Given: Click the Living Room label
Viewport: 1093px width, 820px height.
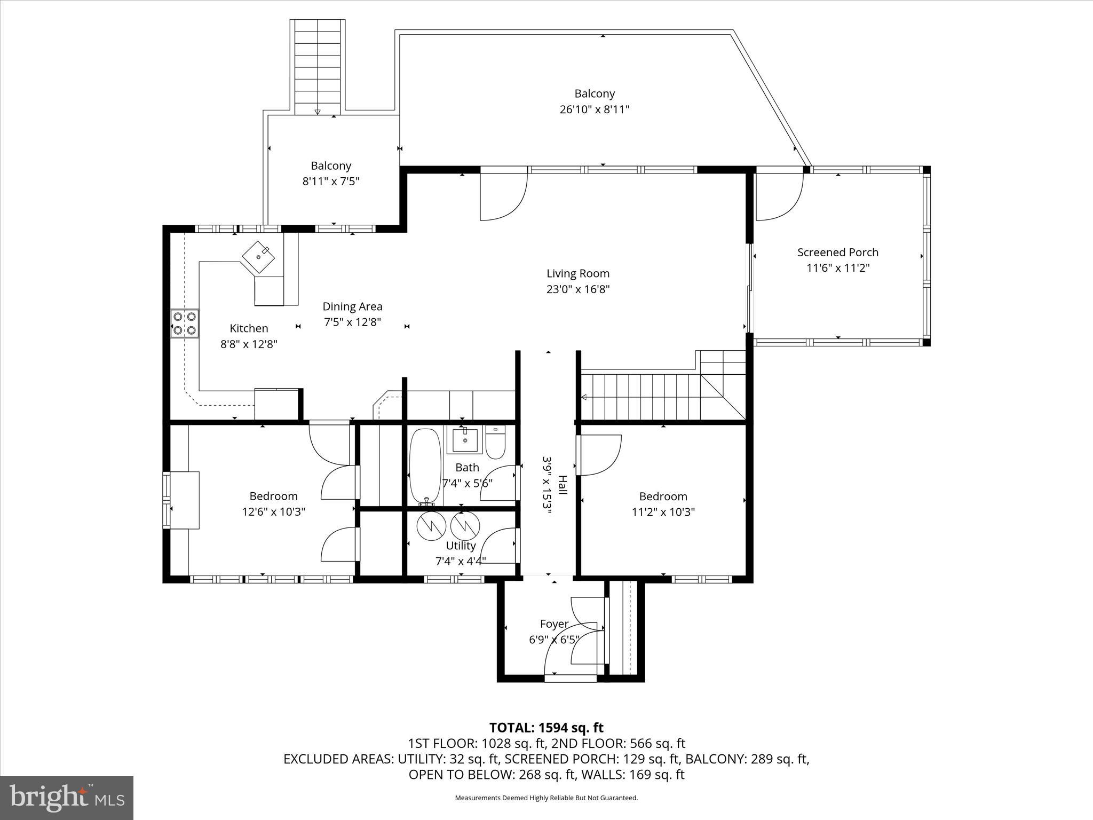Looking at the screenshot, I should coord(577,273).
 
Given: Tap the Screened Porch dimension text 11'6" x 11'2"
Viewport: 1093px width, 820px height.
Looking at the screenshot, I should coord(838,268).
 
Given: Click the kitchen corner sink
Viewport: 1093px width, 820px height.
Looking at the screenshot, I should coord(259,257).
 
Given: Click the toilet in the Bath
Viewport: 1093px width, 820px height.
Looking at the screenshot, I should coord(496,443).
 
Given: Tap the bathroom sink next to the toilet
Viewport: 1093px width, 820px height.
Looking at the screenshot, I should coord(464,439).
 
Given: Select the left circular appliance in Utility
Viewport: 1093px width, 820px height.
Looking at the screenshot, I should coord(431,526).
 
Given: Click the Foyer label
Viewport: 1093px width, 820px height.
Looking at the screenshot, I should coord(554,624).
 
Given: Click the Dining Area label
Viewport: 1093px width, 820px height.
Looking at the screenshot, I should coord(352,306).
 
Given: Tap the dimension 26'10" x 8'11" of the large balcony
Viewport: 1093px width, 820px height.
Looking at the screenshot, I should coord(595,109).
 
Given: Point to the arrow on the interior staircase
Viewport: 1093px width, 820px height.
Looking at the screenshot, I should coord(583,397).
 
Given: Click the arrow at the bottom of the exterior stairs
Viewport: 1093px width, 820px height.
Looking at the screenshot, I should coord(318,112).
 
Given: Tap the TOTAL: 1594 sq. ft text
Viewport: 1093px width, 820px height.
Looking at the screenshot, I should coord(546,728).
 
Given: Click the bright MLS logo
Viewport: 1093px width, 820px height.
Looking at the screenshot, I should coord(67,798).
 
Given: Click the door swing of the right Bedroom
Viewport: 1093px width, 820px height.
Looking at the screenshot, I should coord(601,455).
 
